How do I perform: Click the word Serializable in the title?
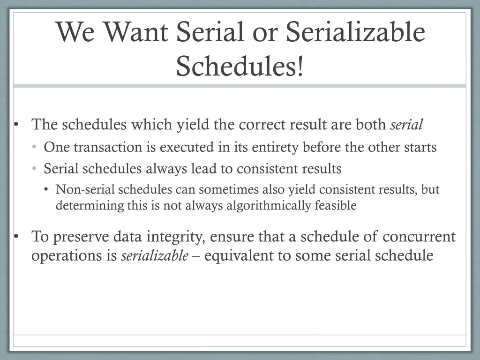(355, 33)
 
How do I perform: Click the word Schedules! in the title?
(240, 66)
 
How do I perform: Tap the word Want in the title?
(139, 33)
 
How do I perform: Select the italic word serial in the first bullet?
(406, 125)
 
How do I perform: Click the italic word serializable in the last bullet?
(155, 256)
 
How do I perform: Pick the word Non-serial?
(85, 190)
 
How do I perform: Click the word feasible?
(336, 205)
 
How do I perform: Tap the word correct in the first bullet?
(262, 125)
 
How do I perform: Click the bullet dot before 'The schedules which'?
(16, 125)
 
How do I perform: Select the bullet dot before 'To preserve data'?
(16, 237)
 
